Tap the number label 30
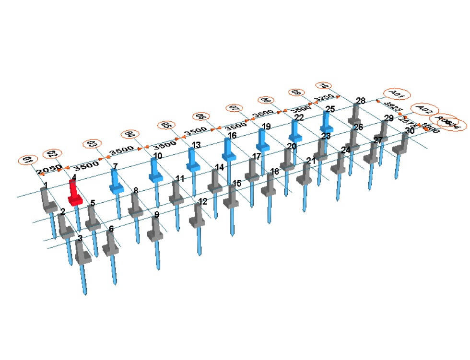click(x=410, y=130)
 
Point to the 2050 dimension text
click(x=49, y=169)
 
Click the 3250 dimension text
click(x=324, y=98)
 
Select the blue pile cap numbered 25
click(x=327, y=123)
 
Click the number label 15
click(x=237, y=184)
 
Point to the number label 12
click(x=202, y=201)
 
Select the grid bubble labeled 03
click(x=91, y=144)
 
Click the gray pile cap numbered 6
click(x=110, y=245)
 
